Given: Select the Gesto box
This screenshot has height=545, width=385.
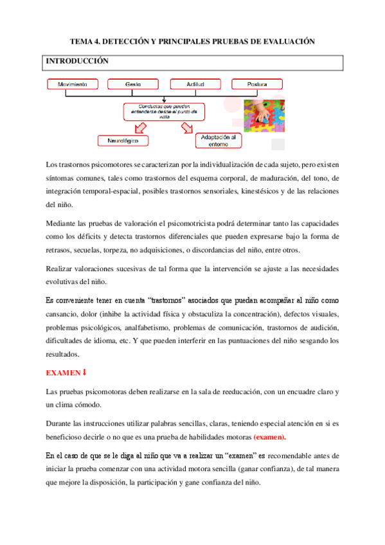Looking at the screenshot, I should [134, 84].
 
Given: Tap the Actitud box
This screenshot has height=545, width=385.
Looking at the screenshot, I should [195, 84].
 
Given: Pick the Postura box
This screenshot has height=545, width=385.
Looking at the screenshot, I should [257, 84].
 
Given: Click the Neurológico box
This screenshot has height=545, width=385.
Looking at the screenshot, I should [123, 139].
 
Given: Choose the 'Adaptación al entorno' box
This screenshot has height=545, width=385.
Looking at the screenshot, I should [219, 140].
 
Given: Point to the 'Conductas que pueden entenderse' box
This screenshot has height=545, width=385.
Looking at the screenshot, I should [165, 112].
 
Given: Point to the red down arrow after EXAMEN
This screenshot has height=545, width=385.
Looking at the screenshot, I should [85, 372].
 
